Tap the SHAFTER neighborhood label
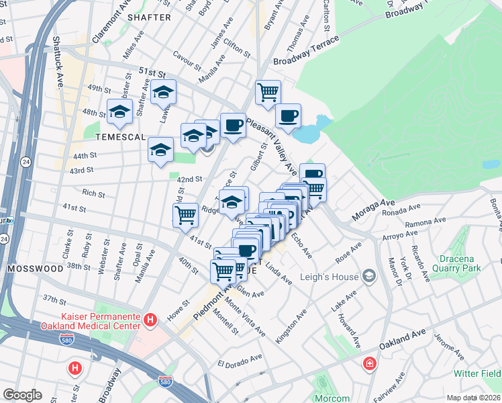point(144,17)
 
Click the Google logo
point(22,394)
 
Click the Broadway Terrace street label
point(306,52)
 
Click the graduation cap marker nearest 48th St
point(119,112)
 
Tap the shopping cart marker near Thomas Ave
point(268,91)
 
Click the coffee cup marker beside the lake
point(288,116)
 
